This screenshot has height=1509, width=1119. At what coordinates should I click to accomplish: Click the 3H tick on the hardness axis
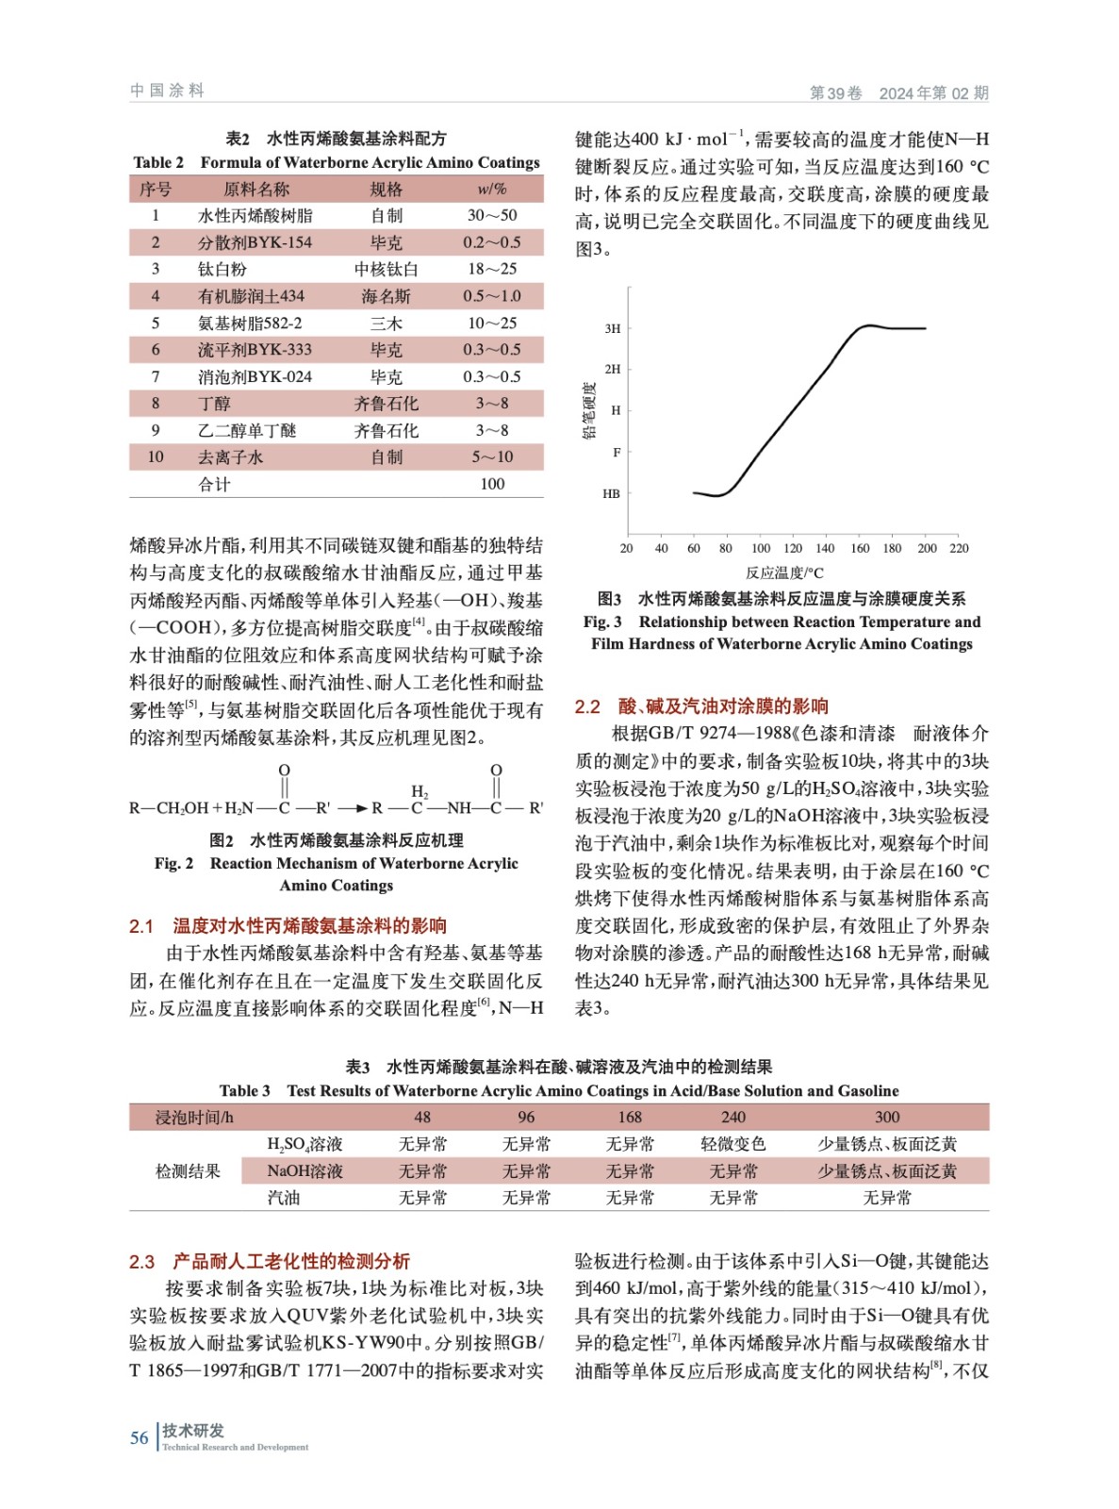(x=613, y=329)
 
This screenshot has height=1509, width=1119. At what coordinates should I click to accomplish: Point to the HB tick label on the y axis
(x=611, y=493)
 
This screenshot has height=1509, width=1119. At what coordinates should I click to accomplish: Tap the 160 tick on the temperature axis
(x=860, y=548)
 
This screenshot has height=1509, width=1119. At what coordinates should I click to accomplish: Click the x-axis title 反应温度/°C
(x=783, y=572)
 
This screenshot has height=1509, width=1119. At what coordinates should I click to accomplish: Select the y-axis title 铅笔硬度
(x=589, y=410)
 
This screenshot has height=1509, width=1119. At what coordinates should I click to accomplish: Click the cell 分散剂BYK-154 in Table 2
(x=255, y=242)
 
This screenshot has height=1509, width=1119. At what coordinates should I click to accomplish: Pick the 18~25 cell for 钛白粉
(x=492, y=269)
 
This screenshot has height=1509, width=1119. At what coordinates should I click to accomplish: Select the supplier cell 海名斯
(x=386, y=296)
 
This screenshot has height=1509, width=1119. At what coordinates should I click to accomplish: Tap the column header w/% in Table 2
(x=492, y=189)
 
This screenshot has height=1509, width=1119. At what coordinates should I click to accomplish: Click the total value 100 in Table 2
(x=492, y=484)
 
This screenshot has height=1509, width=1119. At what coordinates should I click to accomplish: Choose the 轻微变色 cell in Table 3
(x=732, y=1144)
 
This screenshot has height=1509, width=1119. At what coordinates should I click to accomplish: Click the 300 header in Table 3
(x=886, y=1117)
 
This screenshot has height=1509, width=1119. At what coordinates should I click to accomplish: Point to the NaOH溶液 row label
(x=304, y=1171)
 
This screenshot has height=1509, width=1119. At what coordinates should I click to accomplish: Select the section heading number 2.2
(x=587, y=706)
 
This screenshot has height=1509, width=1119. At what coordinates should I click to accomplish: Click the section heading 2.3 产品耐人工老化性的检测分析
(x=270, y=1262)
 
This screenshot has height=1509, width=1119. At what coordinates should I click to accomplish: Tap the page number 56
(x=139, y=1438)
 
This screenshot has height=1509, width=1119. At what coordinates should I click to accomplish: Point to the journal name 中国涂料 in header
(x=167, y=91)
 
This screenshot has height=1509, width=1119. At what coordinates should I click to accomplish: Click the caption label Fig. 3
(x=602, y=622)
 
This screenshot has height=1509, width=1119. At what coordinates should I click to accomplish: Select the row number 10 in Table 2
(x=156, y=457)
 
